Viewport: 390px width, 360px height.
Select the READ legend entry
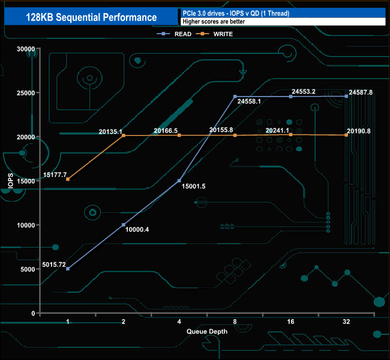(179, 34)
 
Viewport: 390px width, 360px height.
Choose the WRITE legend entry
(221, 34)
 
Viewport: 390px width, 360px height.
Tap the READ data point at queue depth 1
(68, 269)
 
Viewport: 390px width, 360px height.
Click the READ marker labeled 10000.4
(124, 225)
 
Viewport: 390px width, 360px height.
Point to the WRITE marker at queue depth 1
(68, 179)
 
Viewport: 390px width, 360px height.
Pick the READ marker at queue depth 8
(235, 97)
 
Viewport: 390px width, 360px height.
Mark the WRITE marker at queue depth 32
(346, 135)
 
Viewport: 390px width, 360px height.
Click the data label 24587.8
(360, 92)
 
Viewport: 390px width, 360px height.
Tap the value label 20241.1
(277, 130)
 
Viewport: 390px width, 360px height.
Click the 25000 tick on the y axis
(26, 93)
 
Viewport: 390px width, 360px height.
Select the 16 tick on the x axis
(290, 322)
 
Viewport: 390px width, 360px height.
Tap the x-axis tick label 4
(179, 322)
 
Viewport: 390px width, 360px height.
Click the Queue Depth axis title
(207, 331)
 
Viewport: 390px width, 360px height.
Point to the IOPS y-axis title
(10, 181)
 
